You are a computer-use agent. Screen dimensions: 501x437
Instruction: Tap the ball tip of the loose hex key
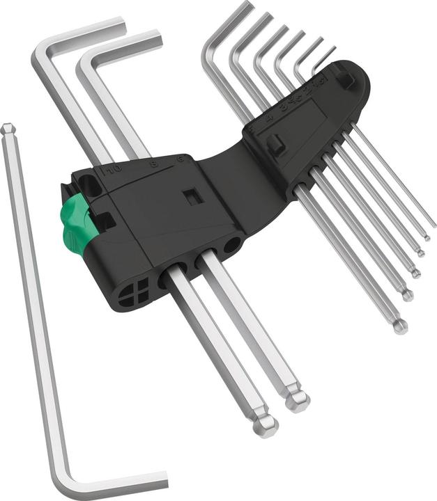8,129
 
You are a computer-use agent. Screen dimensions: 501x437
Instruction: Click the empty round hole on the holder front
231,245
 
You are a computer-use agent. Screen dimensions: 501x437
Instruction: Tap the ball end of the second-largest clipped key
298,399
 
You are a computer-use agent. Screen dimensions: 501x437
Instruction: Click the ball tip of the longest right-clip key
399,326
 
